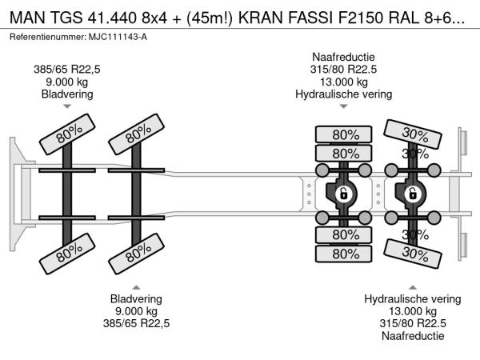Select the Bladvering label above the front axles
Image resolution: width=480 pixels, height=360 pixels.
67,94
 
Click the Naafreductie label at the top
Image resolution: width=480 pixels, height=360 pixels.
343,57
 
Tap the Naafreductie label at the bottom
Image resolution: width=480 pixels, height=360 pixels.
412,337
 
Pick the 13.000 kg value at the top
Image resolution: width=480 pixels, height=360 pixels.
343,82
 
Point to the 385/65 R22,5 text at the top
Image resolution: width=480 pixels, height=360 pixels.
67,69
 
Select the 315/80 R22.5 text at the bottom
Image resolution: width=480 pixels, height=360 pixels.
412,324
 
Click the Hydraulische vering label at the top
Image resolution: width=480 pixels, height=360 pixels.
343,94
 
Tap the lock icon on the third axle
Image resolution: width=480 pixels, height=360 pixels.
342,193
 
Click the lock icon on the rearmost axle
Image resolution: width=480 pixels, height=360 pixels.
412,193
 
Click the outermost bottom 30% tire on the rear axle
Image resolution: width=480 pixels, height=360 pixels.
413,254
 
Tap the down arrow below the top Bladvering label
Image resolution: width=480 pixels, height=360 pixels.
67,106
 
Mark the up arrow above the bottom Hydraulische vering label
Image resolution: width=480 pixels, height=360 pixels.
412,286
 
